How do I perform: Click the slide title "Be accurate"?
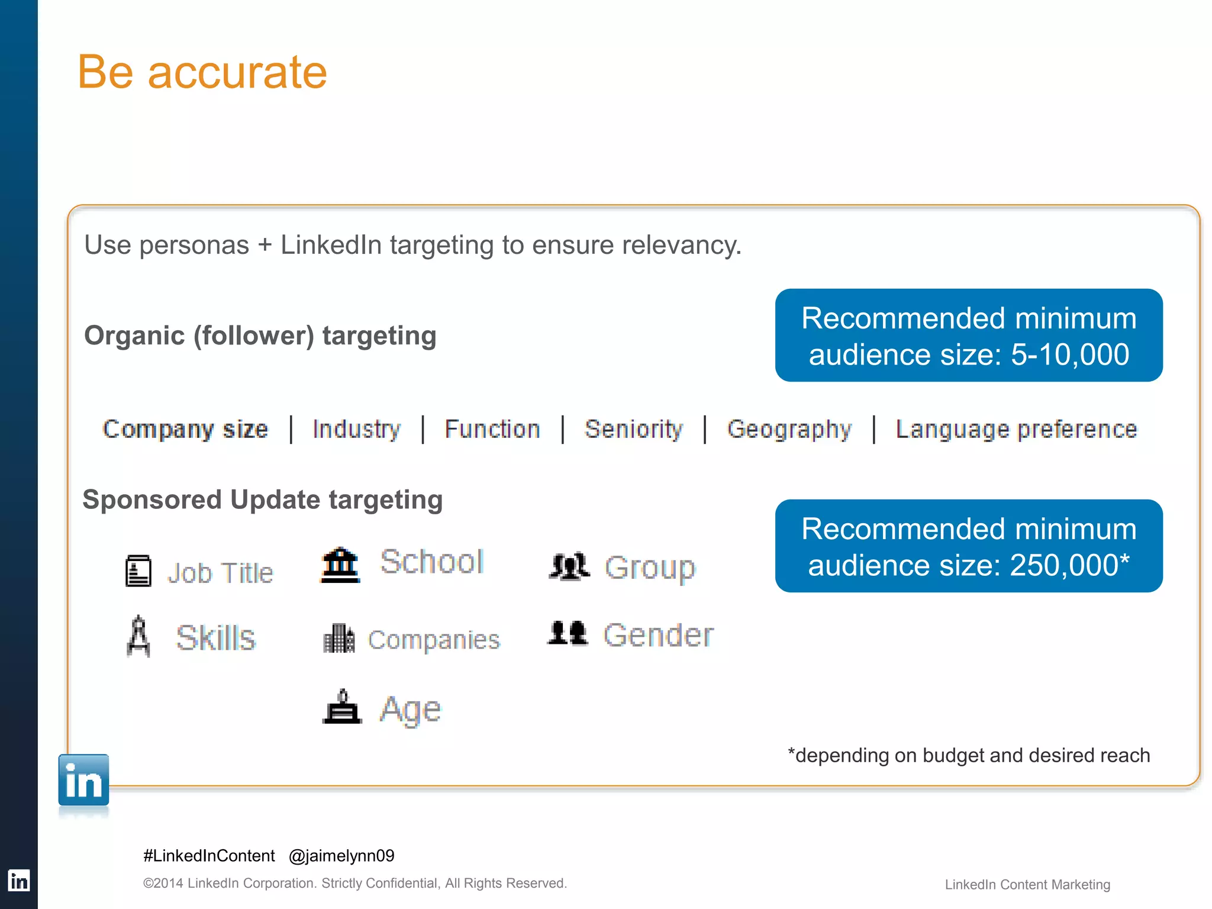coord(202,72)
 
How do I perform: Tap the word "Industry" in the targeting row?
coord(356,429)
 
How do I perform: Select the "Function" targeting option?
coord(492,429)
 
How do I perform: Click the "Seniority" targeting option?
coord(633,429)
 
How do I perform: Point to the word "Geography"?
coord(789,429)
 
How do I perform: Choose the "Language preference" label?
coord(1016,429)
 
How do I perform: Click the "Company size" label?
coord(185,429)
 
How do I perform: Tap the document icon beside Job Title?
coord(138,571)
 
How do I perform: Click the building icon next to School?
coord(340,565)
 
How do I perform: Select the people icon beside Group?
coord(569,566)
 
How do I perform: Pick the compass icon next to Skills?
coord(138,636)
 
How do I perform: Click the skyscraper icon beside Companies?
coord(339,639)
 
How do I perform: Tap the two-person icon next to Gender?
coord(568,633)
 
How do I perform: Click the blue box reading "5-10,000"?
coord(969,336)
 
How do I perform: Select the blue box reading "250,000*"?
coord(969,546)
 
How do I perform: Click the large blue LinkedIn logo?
coord(83,781)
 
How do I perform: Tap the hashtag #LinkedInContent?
coord(209,856)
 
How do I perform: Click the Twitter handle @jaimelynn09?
coord(341,856)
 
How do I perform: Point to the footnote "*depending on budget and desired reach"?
coord(969,756)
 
